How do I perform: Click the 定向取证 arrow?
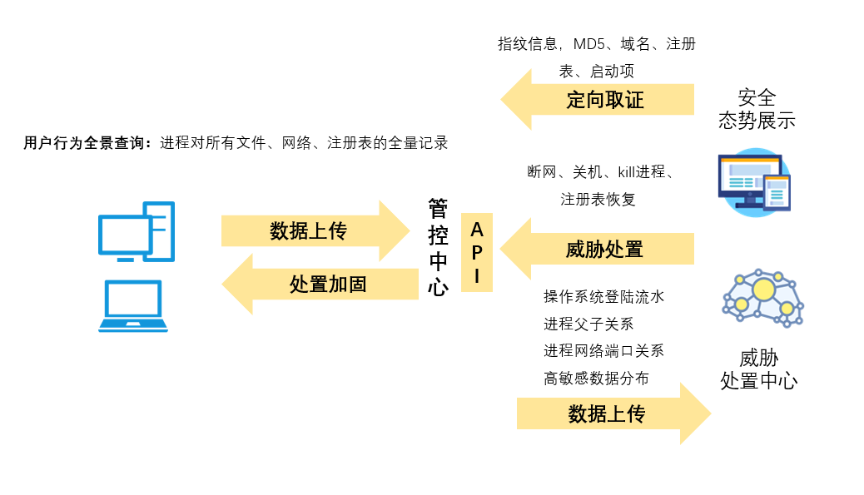(x=604, y=101)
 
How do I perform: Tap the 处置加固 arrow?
(x=327, y=284)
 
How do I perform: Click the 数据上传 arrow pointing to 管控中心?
(x=308, y=230)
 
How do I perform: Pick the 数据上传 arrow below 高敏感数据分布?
(x=607, y=413)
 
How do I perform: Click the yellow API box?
(x=477, y=252)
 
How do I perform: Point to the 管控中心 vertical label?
(x=438, y=247)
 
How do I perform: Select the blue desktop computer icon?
(x=137, y=230)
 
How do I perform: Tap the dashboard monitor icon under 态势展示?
(x=754, y=181)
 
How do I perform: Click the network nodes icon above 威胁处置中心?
(x=762, y=298)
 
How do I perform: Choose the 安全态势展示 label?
(x=757, y=109)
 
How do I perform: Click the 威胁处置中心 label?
(x=758, y=370)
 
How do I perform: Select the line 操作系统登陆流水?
(x=603, y=296)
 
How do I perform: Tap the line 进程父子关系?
(x=588, y=324)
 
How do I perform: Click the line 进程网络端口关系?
(x=603, y=350)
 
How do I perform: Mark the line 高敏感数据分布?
(x=596, y=378)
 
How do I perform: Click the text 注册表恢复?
(x=598, y=200)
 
